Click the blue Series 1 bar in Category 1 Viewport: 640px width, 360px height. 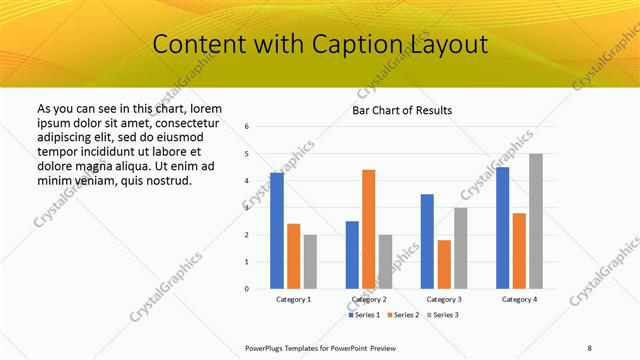276,231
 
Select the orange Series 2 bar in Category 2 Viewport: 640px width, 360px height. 368,229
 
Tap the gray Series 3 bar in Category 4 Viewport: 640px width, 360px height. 536,221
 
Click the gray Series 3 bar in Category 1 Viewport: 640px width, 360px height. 310,261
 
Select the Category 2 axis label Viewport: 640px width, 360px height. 369,300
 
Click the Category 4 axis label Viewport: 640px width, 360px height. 519,300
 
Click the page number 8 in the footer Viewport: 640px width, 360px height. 589,347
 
